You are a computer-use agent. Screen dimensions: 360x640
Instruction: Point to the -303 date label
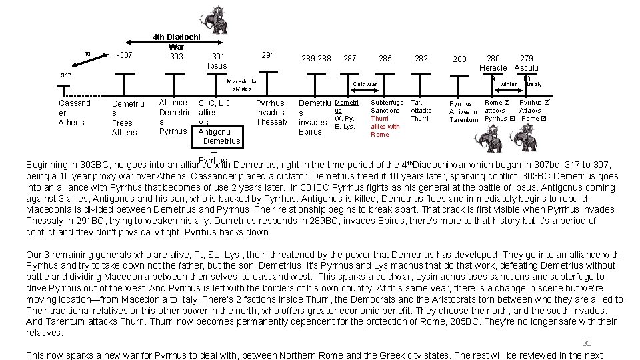click(x=175, y=57)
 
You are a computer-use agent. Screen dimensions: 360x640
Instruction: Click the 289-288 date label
click(x=316, y=59)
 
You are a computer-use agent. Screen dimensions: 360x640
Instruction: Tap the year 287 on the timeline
click(x=349, y=59)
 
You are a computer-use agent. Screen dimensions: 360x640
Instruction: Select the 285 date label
click(x=385, y=59)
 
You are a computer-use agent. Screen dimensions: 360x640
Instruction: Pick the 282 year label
click(x=421, y=59)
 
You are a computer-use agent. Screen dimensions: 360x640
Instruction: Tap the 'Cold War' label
click(x=365, y=84)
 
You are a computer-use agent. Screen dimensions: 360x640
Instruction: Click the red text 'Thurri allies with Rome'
click(x=385, y=126)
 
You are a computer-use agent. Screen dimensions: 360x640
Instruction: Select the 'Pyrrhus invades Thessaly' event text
click(x=271, y=113)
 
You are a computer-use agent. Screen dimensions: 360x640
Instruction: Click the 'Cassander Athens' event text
click(x=74, y=113)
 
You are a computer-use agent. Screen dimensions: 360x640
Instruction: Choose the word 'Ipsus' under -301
click(x=217, y=66)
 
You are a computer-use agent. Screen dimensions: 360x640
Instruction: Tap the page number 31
click(x=587, y=343)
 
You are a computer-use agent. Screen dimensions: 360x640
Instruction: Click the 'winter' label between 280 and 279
click(x=508, y=84)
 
